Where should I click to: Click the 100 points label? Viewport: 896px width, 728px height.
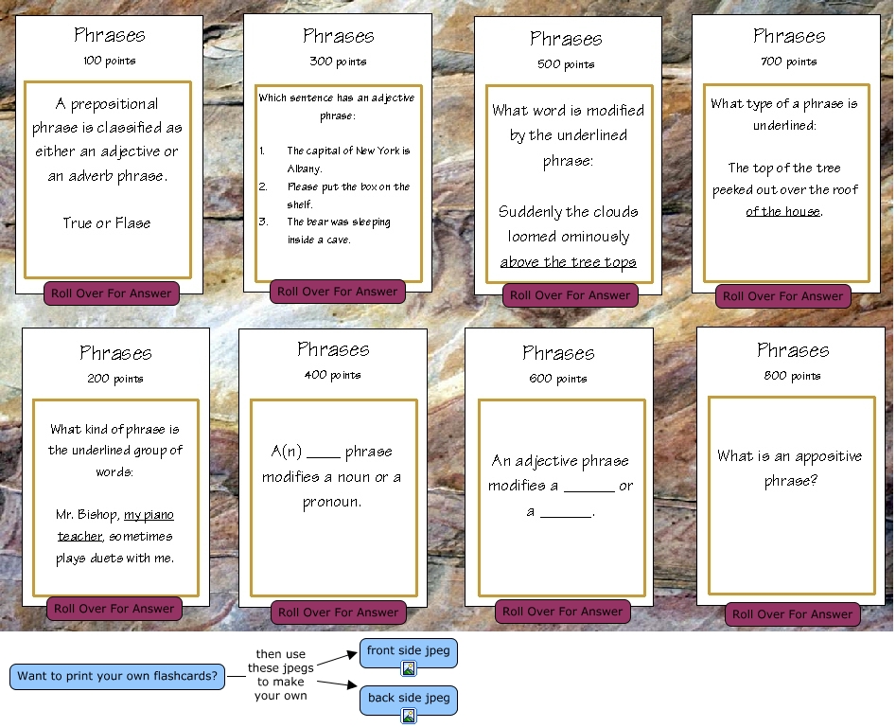(x=109, y=61)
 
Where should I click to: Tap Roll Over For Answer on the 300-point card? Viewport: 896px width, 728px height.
(x=338, y=292)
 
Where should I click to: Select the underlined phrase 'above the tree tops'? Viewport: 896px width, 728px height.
(x=568, y=262)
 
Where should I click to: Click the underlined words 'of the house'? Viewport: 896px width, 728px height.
(x=782, y=211)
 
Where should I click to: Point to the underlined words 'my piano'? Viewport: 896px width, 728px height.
(x=149, y=514)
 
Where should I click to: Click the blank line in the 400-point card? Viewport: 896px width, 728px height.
(x=324, y=453)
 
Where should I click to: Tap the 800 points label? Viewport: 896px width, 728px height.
(x=792, y=376)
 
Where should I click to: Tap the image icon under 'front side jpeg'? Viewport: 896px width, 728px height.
(x=409, y=668)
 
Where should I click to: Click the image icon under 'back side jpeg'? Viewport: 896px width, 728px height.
(x=409, y=716)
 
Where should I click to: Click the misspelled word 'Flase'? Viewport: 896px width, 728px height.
(x=132, y=223)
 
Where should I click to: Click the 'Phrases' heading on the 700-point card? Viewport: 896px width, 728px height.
(x=789, y=36)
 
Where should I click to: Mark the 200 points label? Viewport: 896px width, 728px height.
(x=115, y=378)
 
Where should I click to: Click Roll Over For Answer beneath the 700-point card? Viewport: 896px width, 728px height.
(x=782, y=296)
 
